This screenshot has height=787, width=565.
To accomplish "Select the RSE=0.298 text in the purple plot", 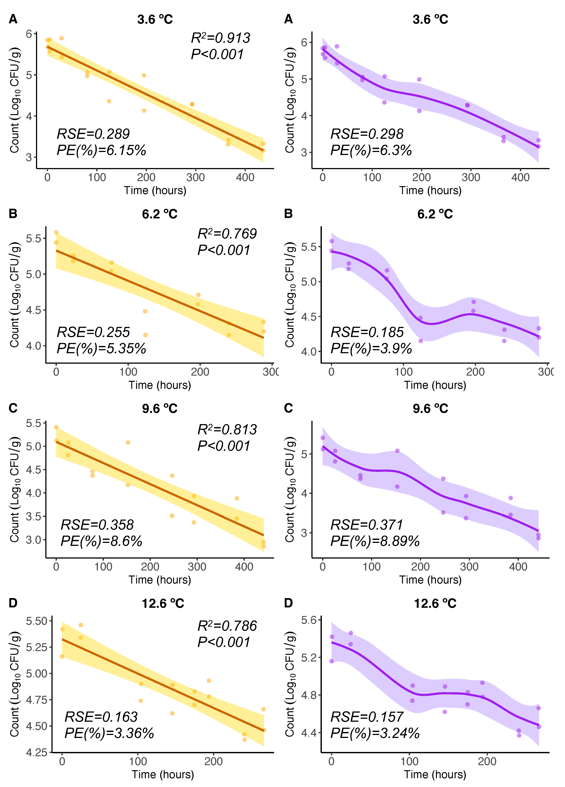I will click(367, 134).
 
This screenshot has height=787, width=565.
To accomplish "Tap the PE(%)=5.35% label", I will click(101, 348).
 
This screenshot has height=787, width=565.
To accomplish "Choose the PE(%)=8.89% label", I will click(375, 541).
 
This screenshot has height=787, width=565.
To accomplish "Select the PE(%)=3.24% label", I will click(375, 733).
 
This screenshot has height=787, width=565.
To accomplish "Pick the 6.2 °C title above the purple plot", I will click(435, 214).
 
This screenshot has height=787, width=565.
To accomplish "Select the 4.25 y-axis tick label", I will click(36, 752).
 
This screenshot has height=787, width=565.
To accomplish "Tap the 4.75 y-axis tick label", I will click(36, 700).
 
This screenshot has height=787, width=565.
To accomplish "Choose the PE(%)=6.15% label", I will click(101, 150).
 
